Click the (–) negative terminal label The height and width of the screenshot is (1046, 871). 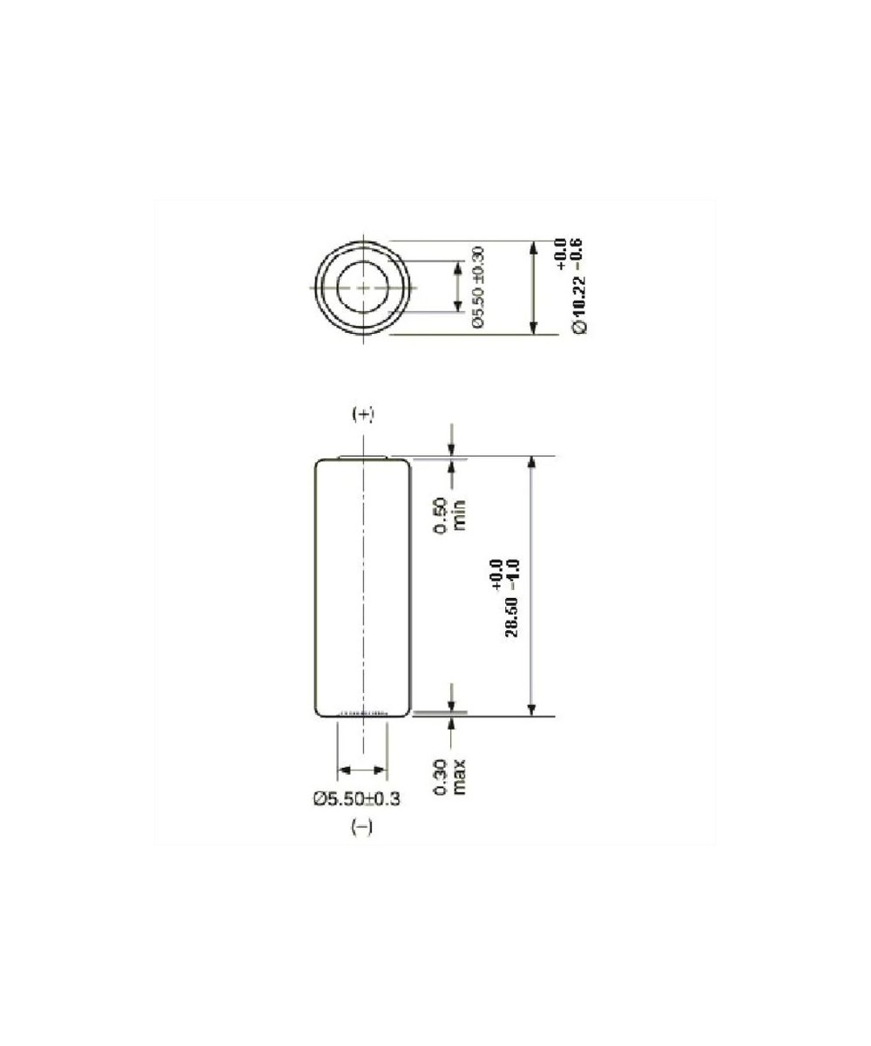tap(361, 829)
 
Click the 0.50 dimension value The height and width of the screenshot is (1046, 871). tap(442, 514)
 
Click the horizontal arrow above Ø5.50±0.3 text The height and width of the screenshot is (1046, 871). tap(362, 770)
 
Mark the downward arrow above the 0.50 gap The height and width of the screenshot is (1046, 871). tap(452, 441)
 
